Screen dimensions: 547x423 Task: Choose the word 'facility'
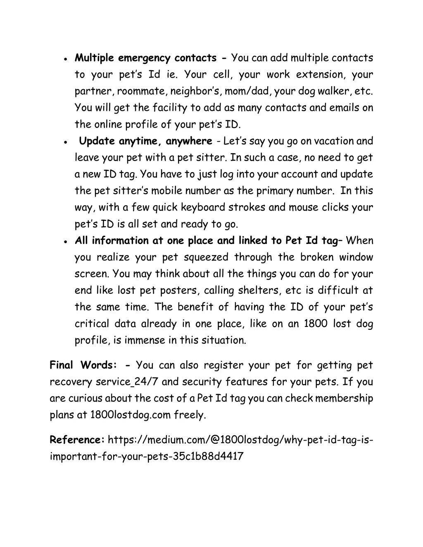point(170,108)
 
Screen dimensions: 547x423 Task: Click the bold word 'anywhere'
point(189,141)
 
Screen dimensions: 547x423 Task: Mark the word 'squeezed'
point(206,258)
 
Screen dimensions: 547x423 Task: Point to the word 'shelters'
point(259,291)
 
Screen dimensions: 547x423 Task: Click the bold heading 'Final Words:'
point(83,365)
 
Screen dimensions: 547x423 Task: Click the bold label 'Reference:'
point(77,440)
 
